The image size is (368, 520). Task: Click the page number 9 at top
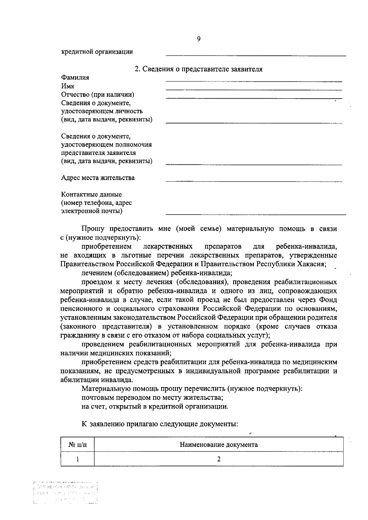198,39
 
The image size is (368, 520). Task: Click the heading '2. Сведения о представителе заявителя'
199,69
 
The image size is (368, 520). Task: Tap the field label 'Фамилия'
75,77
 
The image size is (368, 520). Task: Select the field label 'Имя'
67,86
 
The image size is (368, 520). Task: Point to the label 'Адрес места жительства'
98,178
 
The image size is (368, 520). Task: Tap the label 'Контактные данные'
91,194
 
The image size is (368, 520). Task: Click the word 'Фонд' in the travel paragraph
328,300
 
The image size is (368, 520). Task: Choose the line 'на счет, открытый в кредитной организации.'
155,407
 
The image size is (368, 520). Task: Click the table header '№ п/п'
77,445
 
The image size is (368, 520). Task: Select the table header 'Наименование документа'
218,445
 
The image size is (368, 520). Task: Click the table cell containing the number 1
77,459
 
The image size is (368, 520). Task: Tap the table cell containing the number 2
218,459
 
